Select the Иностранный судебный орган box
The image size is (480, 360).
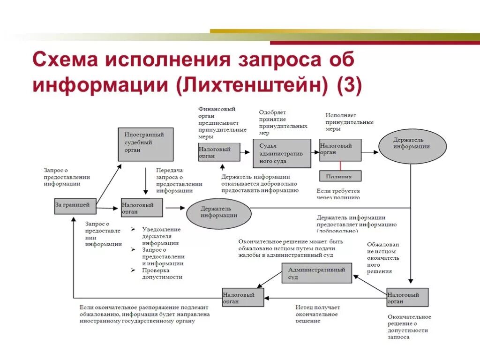[x=145, y=144]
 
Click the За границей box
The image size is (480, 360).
[x=75, y=206]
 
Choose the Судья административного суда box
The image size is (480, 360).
[x=281, y=153]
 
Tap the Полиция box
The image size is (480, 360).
[x=340, y=176]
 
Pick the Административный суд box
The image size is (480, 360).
[x=316, y=273]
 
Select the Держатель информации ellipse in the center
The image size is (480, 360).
[x=219, y=212]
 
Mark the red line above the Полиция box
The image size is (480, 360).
[x=340, y=166]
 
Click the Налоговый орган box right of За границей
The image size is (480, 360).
[x=142, y=208]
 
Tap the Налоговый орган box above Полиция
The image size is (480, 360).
[x=340, y=150]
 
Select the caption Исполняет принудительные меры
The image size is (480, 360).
[x=349, y=122]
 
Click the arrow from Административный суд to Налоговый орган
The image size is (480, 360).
[x=269, y=279]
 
